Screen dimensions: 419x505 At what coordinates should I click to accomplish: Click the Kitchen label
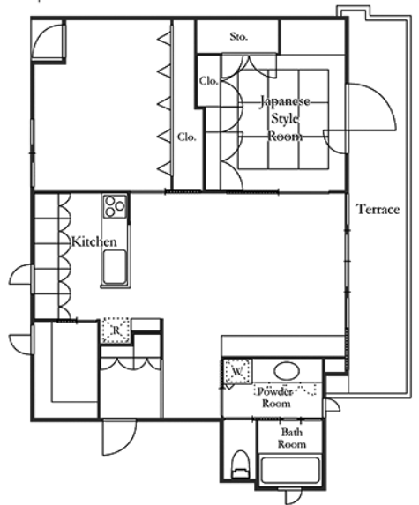pos(94,241)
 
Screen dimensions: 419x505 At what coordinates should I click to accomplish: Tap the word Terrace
pos(378,210)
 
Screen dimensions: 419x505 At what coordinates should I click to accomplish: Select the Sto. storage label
pos(239,37)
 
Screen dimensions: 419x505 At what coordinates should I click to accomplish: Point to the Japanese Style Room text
pos(285,118)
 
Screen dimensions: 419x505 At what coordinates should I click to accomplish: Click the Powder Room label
pos(276,397)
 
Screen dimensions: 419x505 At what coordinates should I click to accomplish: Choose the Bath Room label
pos(292,438)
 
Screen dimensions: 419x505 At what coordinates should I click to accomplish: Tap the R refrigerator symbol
pos(116,330)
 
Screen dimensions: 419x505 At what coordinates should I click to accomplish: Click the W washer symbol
pos(237,372)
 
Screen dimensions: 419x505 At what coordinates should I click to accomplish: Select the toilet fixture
pos(241,464)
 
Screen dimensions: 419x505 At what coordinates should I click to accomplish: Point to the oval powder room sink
pos(287,371)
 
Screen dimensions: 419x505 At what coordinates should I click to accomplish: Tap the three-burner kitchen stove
pos(115,206)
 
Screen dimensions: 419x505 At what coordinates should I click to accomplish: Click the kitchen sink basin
pos(115,267)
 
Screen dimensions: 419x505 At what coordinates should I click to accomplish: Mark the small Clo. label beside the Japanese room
pos(208,81)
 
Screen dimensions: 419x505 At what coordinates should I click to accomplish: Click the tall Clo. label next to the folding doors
pos(187,137)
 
